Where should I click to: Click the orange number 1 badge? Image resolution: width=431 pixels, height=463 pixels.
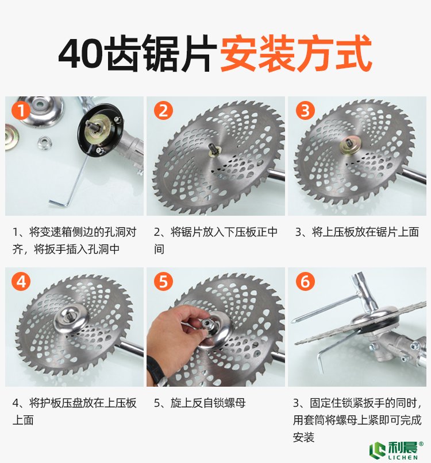tap(21, 111)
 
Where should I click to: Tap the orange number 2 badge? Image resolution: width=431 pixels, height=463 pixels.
tap(163, 111)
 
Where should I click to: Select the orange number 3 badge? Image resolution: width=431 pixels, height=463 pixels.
tap(305, 111)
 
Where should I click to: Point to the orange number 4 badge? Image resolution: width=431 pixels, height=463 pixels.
tap(21, 282)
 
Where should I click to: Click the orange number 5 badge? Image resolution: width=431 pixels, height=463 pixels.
tap(163, 282)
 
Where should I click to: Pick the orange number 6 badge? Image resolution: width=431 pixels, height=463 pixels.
tap(305, 282)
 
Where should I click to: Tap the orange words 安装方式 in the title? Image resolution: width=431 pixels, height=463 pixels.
tap(296, 54)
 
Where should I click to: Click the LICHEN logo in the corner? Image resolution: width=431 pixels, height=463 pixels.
tap(396, 450)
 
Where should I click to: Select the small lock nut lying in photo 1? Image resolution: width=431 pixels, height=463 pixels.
tap(45, 142)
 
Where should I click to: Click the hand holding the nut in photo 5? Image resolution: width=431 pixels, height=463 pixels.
tap(174, 330)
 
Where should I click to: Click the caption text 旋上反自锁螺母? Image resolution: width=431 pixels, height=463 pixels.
tap(208, 403)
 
